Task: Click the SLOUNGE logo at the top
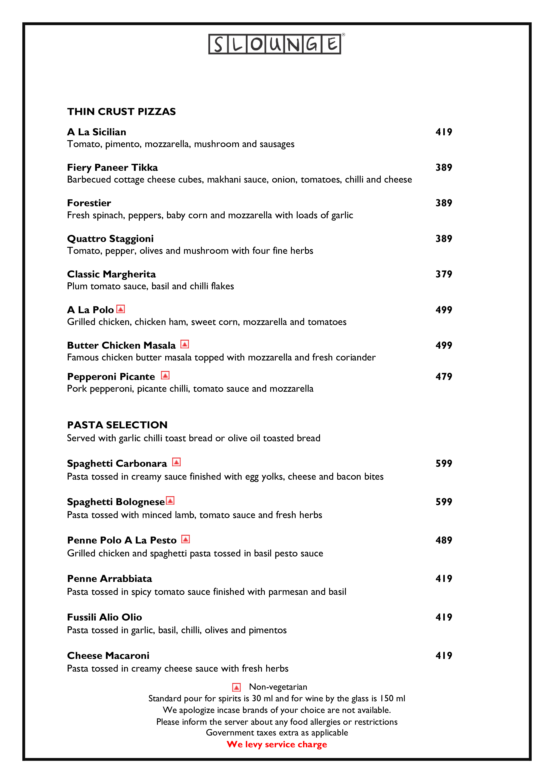point(275,44)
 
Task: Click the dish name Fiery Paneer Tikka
point(112,167)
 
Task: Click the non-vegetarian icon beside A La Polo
point(121,309)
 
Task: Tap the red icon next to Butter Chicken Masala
point(184,344)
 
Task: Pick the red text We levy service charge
point(277,744)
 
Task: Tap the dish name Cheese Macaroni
point(108,656)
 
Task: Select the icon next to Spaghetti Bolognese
point(170,501)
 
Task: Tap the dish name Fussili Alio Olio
point(104,617)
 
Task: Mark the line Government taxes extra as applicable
point(277,733)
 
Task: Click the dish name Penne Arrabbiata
point(109,579)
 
